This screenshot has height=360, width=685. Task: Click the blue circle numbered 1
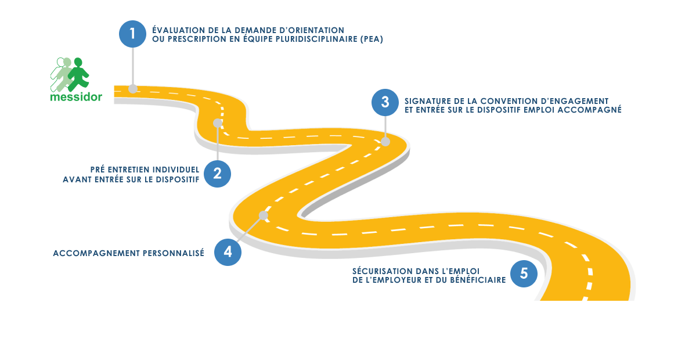tap(132, 34)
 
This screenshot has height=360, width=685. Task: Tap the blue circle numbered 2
tap(218, 174)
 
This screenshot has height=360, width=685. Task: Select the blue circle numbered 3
tap(385, 102)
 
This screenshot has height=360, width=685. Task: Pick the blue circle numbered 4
tap(228, 252)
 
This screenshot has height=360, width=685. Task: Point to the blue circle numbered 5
tap(524, 273)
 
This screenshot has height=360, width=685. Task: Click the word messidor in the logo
tap(76, 97)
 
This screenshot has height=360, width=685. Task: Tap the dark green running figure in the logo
tap(78, 74)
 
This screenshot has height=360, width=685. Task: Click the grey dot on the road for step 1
tap(133, 89)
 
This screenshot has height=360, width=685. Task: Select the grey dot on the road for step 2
tap(218, 123)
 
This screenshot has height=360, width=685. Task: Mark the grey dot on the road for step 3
tap(385, 141)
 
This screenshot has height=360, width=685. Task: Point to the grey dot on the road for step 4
tap(263, 215)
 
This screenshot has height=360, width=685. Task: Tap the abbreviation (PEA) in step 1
tap(371, 39)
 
